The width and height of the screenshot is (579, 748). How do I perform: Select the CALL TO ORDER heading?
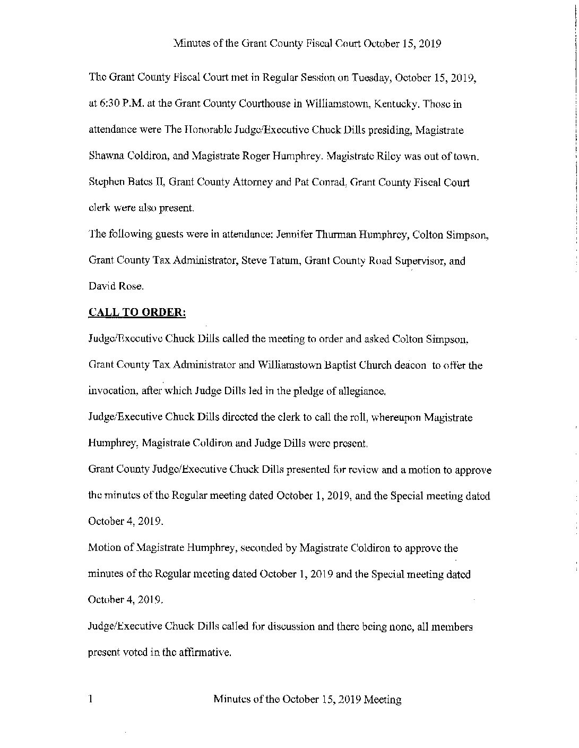pos(137,312)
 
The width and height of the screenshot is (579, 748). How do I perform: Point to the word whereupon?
pos(397,417)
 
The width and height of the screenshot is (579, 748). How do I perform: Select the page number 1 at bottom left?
pos(91,699)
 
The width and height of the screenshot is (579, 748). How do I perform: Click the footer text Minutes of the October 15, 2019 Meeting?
pos(307,700)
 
